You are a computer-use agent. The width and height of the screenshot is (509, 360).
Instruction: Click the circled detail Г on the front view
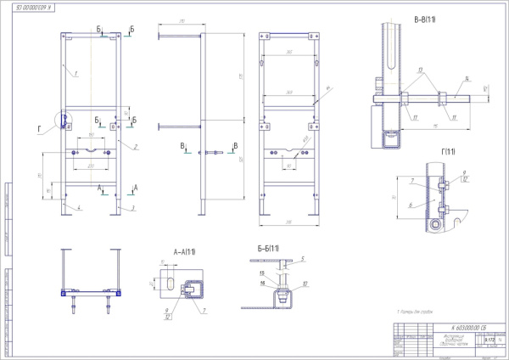coord(63,120)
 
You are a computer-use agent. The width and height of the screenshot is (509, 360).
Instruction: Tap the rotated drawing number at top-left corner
coord(34,8)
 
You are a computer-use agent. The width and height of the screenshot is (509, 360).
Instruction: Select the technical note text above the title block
coord(416,313)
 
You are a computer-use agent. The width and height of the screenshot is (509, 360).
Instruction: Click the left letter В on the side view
coord(182,147)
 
